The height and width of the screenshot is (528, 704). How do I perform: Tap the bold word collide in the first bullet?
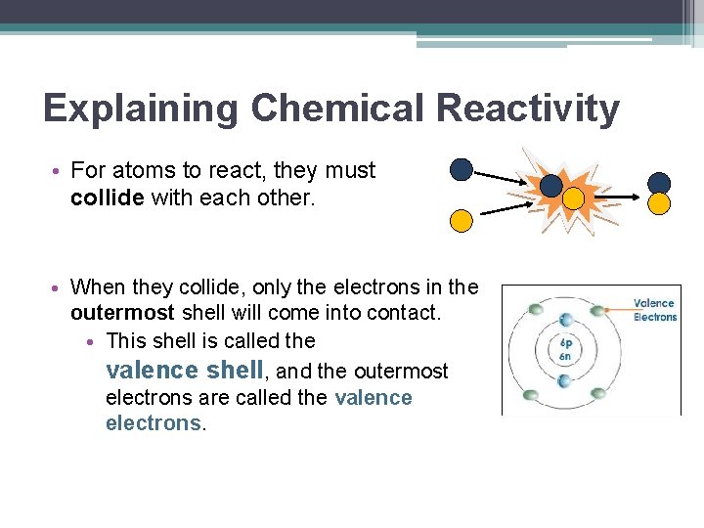(x=108, y=197)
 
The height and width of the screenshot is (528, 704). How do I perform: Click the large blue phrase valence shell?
(x=185, y=370)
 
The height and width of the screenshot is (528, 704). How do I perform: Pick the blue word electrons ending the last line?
(x=153, y=423)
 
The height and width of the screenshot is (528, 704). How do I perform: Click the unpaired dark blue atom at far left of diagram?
(x=461, y=170)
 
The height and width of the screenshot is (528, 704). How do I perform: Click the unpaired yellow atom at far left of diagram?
(x=461, y=220)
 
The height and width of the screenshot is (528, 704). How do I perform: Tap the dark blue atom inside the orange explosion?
(x=551, y=185)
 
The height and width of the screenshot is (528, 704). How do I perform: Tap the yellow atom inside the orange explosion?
(x=573, y=199)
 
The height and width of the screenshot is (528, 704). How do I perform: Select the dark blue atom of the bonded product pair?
(x=659, y=183)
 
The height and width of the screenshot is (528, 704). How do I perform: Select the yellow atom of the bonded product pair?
(x=659, y=203)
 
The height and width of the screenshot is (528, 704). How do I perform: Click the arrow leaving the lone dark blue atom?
(x=504, y=177)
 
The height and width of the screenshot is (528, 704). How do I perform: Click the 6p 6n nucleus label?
(x=566, y=349)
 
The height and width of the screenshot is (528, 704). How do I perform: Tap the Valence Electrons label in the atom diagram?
(x=654, y=310)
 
